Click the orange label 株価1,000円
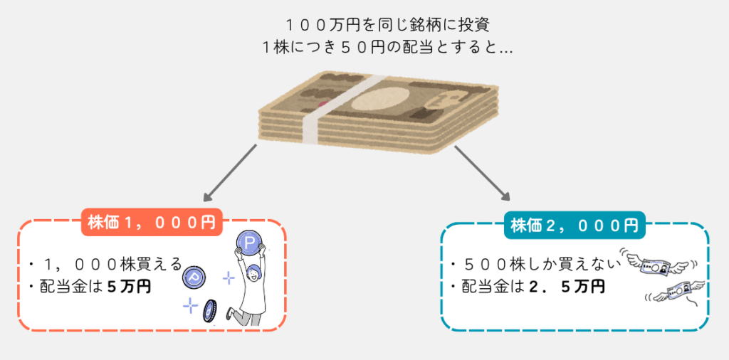tap(152, 222)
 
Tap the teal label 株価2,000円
tap(574, 226)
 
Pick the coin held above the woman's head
tap(250, 245)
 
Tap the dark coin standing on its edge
tap(209, 311)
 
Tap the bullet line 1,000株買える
tap(107, 265)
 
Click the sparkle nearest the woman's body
tap(229, 277)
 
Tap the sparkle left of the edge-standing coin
tap(189, 305)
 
